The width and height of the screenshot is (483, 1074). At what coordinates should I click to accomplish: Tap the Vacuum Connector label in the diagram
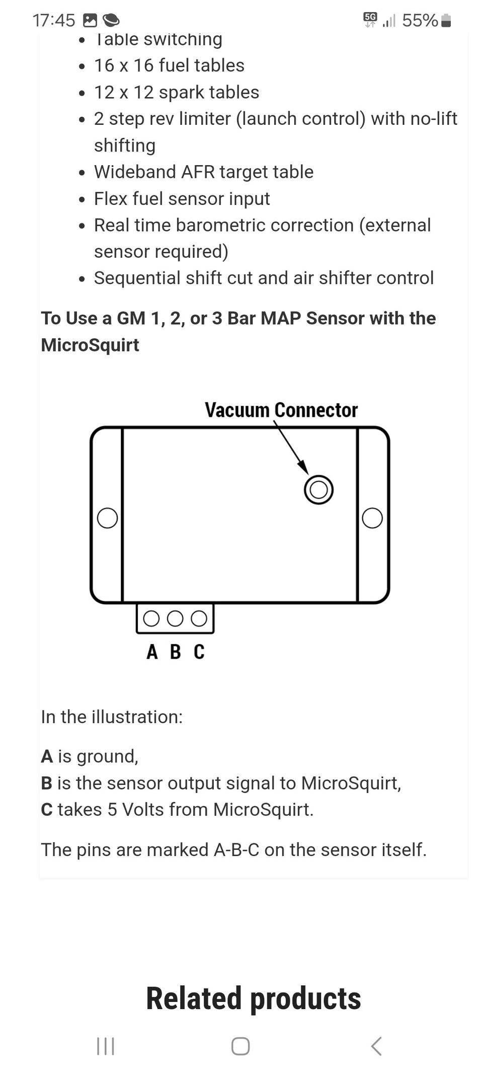[281, 410]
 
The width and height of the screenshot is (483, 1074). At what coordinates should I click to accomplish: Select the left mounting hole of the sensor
[107, 518]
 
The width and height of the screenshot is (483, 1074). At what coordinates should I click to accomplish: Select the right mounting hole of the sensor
[372, 518]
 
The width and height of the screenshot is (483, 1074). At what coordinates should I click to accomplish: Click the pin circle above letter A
[151, 618]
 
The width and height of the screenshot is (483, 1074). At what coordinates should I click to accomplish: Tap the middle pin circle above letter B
[175, 618]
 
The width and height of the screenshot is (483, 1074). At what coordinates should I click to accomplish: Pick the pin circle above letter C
[199, 618]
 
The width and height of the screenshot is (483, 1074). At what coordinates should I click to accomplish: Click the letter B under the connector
[175, 652]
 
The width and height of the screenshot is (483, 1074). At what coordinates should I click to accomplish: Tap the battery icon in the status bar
[446, 21]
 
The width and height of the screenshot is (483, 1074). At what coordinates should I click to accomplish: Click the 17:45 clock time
[53, 21]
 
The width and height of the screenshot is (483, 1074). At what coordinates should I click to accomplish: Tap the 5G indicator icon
[370, 19]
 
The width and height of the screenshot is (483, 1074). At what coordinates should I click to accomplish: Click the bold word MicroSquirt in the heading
[90, 345]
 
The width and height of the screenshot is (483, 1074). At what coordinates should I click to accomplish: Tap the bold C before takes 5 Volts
[47, 810]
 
